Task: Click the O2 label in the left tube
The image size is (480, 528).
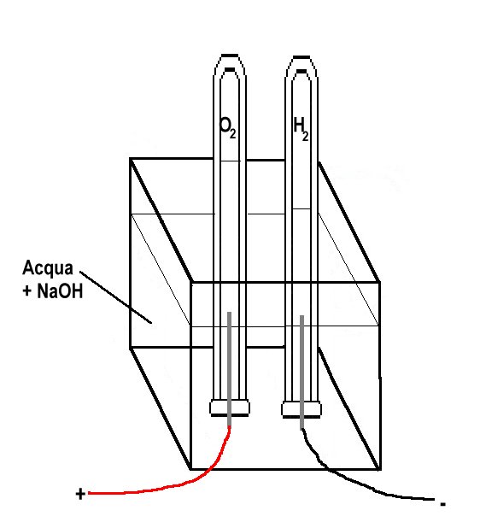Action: tap(227, 127)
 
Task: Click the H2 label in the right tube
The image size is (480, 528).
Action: tap(301, 129)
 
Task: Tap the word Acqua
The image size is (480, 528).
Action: tap(48, 269)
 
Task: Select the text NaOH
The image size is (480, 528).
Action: tap(60, 290)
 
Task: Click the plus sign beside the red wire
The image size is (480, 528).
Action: tap(80, 494)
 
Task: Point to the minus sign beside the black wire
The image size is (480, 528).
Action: tap(443, 504)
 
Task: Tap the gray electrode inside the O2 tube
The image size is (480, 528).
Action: tap(229, 369)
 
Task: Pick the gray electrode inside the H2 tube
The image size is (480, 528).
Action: tap(302, 373)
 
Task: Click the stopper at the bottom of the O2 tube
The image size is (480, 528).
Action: tap(230, 408)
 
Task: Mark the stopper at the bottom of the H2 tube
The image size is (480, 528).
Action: tap(301, 409)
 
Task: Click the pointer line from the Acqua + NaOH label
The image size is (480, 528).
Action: tap(115, 297)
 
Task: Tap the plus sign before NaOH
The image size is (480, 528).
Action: tap(27, 291)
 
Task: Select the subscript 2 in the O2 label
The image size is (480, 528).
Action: tap(232, 133)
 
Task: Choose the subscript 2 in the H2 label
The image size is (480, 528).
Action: tap(305, 136)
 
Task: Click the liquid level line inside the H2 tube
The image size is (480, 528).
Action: tap(301, 208)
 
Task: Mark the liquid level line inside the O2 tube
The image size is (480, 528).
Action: tap(230, 161)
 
